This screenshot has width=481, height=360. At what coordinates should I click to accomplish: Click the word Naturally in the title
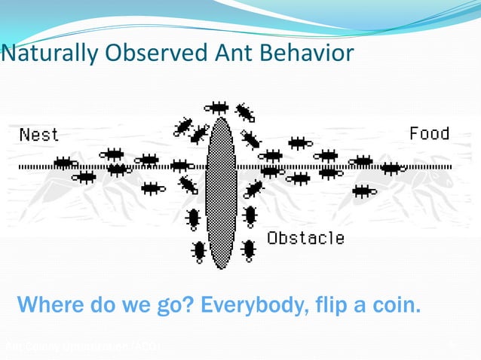point(44,54)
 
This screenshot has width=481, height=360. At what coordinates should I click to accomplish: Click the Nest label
point(38,135)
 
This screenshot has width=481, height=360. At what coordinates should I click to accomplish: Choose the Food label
point(429,133)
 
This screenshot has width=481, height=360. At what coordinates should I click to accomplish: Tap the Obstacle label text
point(305,238)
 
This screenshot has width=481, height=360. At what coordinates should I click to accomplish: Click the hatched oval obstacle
point(221,192)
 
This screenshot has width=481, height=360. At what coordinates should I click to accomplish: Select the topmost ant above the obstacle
point(217,107)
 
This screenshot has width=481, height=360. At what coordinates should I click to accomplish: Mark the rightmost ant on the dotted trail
point(391,167)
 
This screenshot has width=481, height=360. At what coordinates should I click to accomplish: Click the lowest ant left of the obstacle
point(199,250)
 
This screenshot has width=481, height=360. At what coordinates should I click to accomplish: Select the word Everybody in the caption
point(247,306)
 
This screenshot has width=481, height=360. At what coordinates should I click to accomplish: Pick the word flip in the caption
point(340,306)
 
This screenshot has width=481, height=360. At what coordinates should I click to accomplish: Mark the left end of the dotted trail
point(20,166)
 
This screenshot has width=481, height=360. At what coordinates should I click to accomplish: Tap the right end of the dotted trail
point(450,166)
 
